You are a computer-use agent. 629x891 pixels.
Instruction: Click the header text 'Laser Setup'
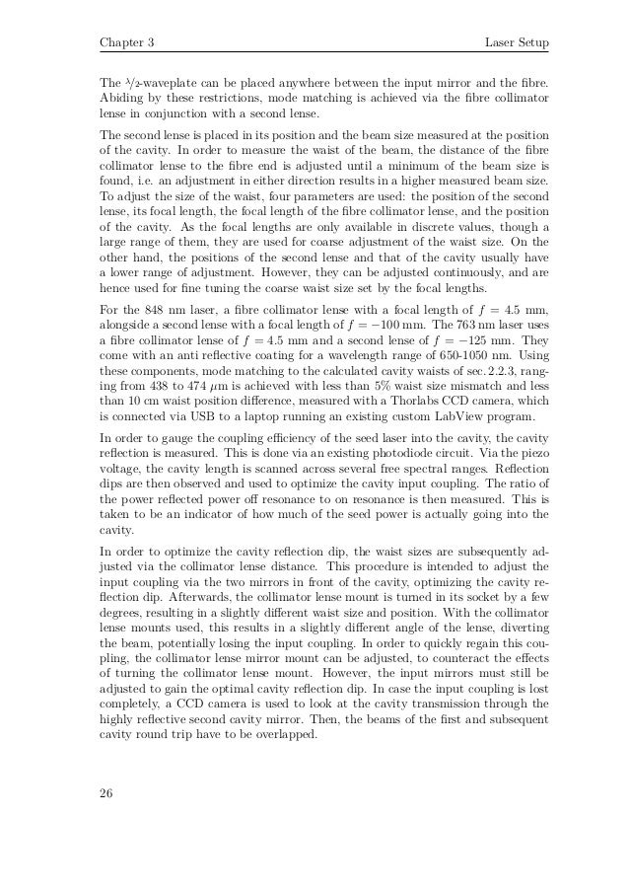(x=518, y=44)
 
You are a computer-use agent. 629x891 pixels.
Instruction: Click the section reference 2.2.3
(x=467, y=374)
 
